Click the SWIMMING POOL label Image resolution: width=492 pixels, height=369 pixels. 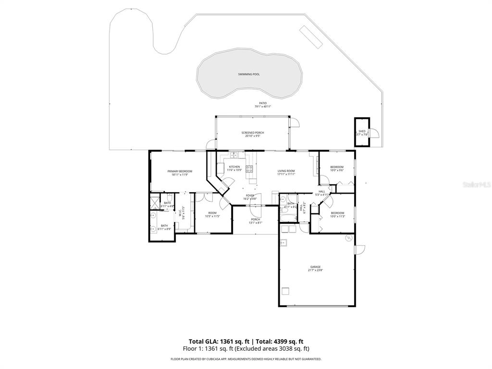(249, 74)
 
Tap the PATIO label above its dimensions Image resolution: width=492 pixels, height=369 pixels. (263, 103)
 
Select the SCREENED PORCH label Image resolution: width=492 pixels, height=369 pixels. (252, 133)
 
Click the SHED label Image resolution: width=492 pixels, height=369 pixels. (362, 131)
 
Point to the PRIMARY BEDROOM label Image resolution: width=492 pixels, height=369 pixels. (180, 171)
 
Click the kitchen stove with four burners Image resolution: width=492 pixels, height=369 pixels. (249, 168)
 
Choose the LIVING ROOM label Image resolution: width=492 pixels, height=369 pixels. (286, 171)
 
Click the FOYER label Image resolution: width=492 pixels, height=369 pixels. (250, 196)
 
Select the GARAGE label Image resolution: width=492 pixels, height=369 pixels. (315, 267)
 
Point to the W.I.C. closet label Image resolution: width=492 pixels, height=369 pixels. (180, 211)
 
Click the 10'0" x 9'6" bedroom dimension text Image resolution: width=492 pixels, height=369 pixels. (337, 170)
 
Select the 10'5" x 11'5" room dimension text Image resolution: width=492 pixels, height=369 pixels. (212, 216)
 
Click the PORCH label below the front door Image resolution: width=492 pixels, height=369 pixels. (255, 220)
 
